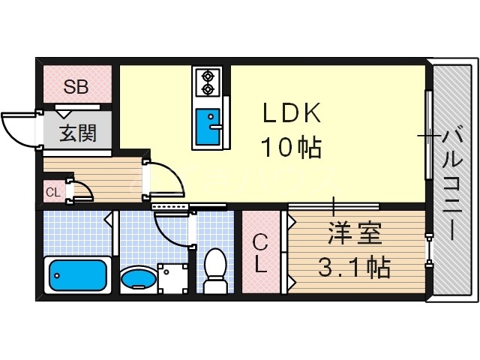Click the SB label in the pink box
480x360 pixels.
[76, 86]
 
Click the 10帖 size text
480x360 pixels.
[291, 148]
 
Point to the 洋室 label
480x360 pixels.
[355, 234]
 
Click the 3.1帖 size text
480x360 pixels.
[355, 267]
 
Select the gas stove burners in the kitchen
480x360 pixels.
[206, 82]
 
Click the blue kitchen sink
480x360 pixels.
[206, 127]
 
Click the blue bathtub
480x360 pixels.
[77, 275]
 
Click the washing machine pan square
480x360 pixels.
[173, 278]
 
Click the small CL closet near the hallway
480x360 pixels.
[53, 192]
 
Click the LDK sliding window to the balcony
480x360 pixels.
[428, 135]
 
